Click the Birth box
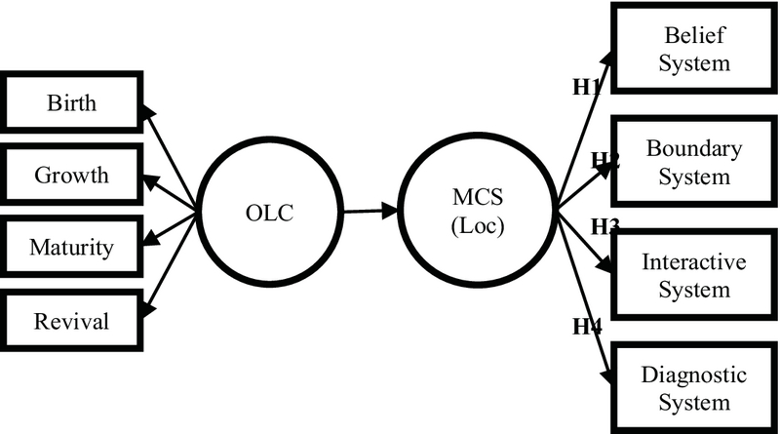point(71,102)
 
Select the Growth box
point(71,176)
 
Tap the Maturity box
point(71,248)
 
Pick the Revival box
point(71,320)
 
